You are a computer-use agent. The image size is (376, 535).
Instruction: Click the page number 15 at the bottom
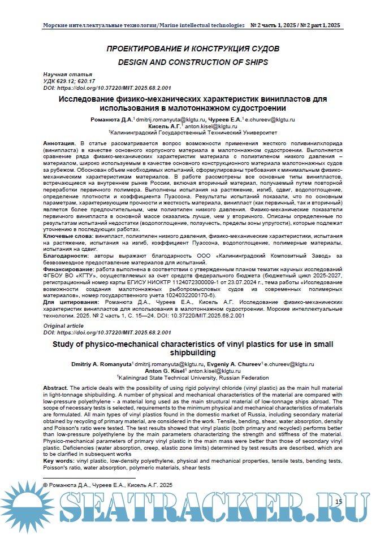(x=338, y=501)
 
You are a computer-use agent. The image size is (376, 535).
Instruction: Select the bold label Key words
(x=59, y=461)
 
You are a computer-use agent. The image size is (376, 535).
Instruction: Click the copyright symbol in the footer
(x=46, y=485)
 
